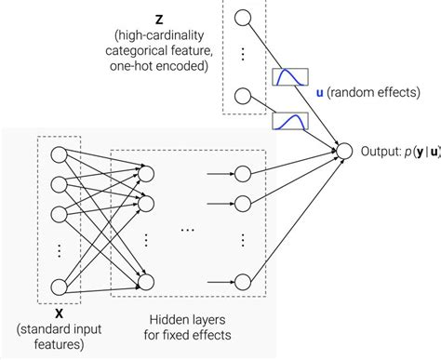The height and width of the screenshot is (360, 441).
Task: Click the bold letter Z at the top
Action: point(159,19)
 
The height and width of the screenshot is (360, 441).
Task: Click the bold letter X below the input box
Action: point(57,314)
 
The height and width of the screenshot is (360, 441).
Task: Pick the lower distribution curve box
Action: point(288,121)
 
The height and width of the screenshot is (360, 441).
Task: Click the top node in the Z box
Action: point(245,17)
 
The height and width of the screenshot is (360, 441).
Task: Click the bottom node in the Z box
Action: point(245,95)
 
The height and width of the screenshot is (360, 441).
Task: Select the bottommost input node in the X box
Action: point(58,286)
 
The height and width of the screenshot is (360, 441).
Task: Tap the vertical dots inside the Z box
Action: point(245,54)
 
